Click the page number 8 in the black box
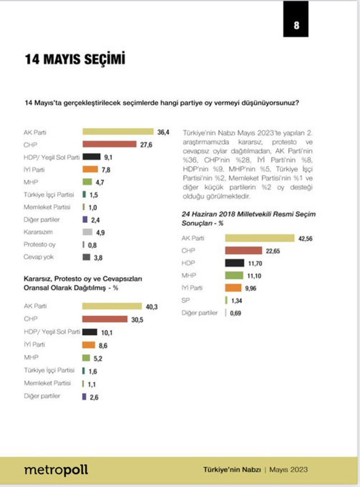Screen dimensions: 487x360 pos(296,25)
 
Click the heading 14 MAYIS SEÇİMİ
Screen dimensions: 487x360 pos(74,60)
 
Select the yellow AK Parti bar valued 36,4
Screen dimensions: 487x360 pos(118,132)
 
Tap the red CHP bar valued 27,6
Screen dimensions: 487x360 pos(109,144)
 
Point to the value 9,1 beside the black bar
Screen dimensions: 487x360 pos(109,157)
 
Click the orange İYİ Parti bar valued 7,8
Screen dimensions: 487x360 pos(91,169)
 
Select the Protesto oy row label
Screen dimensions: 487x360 pos(40,245)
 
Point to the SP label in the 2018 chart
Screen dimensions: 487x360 pos(185,300)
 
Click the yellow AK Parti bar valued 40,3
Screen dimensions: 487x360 pos(112,306)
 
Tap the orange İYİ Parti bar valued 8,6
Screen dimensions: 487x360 pos(89,345)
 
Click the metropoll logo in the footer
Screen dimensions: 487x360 pos(56,469)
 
